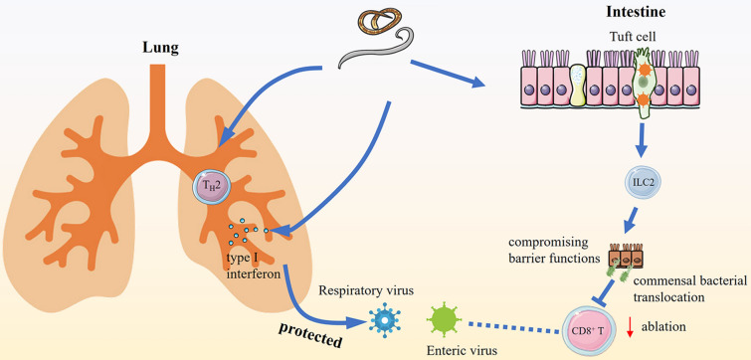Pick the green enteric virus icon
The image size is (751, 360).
click(x=445, y=320)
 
